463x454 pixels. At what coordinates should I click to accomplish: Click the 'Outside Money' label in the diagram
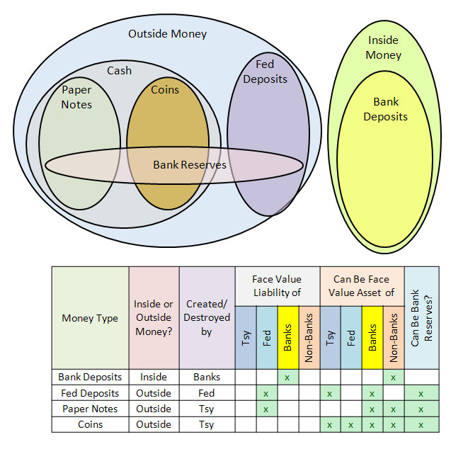167,34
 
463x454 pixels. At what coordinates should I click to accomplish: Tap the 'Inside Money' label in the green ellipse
384,47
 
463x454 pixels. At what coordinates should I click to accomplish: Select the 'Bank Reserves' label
190,165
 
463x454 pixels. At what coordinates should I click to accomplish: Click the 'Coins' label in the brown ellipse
165,90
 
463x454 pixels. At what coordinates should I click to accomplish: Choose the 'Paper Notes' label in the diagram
76,97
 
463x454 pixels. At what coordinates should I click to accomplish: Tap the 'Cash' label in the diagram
119,71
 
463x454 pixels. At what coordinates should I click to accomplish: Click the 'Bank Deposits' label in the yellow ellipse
385,110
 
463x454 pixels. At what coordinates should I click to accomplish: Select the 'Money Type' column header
90,318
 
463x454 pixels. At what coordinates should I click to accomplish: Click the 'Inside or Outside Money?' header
154,318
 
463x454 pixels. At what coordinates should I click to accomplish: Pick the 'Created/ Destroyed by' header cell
207,318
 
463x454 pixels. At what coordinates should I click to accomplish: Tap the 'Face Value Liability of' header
277,286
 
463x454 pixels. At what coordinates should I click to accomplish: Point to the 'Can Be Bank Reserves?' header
421,318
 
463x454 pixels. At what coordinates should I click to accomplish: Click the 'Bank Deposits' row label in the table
90,377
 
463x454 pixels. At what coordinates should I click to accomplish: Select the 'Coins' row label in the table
90,424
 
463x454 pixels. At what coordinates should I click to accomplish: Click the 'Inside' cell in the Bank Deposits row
154,377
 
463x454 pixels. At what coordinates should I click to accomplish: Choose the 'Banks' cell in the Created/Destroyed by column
207,377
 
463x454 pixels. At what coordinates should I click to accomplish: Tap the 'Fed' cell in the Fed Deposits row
207,393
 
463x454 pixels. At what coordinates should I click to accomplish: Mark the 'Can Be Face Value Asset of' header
362,286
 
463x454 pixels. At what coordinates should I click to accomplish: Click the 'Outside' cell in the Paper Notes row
154,409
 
